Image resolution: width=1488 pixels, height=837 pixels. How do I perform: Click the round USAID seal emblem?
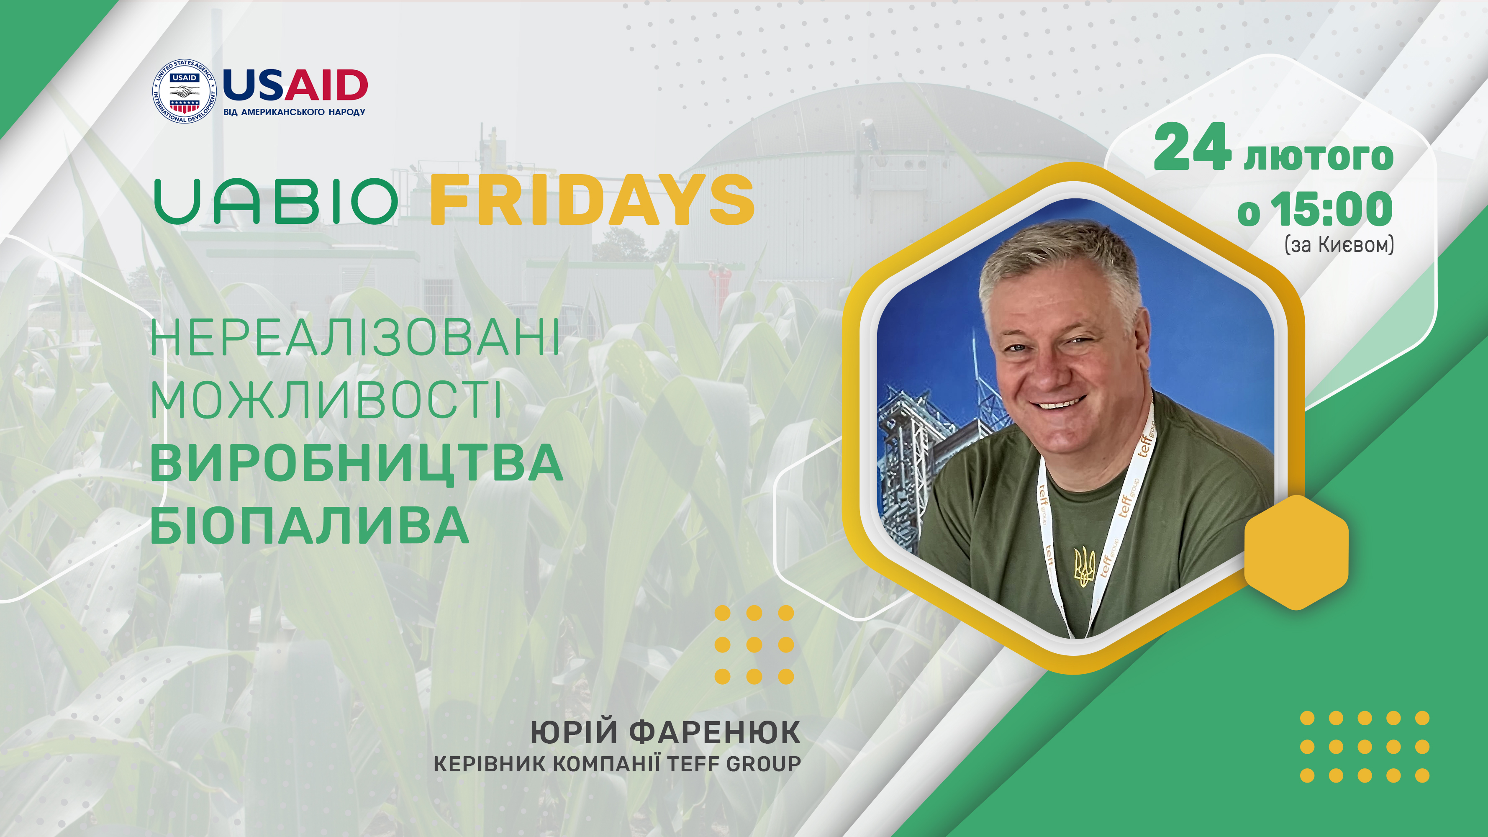click(184, 91)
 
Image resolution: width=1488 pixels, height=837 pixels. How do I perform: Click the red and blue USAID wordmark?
click(295, 85)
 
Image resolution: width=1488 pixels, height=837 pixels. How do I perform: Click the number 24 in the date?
click(1192, 147)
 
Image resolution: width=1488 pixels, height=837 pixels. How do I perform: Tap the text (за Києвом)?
click(1339, 245)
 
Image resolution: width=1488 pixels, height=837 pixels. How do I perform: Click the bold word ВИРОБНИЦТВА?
click(357, 463)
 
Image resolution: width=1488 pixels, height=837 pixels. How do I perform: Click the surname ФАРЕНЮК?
click(715, 732)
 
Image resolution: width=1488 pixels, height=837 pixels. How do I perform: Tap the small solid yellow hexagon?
click(1296, 552)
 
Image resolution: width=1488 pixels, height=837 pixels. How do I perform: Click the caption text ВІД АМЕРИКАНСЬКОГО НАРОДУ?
click(295, 112)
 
